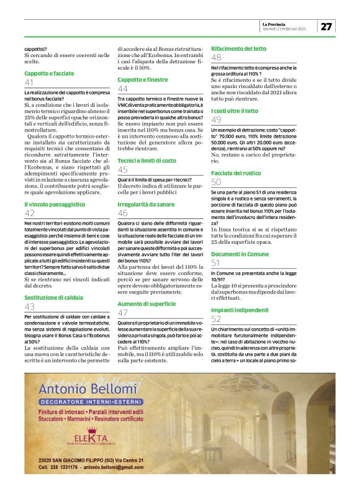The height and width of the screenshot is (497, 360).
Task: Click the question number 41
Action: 29,83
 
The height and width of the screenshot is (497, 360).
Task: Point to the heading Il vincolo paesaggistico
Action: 53,204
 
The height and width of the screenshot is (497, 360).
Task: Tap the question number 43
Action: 29,307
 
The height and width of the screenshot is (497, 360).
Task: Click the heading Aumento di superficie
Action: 147,303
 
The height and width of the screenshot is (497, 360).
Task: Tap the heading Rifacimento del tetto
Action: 240,48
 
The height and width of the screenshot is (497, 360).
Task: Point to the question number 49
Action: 216,120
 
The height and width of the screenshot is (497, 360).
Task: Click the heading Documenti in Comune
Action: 240,254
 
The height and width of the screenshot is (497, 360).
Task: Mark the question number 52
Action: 216,319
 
